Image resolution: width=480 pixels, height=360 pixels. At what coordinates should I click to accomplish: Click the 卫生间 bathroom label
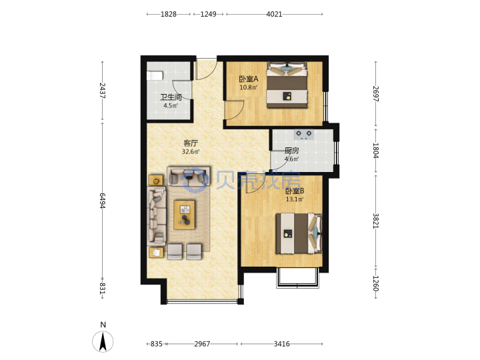click(171, 97)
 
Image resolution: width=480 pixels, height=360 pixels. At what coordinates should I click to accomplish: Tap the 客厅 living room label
click(191, 143)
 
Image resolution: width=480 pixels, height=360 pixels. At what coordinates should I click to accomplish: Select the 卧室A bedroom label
click(249, 79)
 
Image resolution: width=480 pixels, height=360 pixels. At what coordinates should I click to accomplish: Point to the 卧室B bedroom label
click(295, 191)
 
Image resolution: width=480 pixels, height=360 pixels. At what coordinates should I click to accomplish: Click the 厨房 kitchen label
click(292, 151)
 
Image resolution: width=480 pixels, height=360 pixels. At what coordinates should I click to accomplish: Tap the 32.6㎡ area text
click(191, 151)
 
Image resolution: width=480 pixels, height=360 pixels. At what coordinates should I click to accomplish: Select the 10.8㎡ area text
click(248, 87)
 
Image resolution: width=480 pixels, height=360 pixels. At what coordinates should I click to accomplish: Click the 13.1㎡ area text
click(295, 199)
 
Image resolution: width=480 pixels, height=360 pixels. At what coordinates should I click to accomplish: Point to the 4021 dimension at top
click(274, 14)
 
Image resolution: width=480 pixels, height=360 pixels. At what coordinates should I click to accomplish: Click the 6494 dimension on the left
click(102, 201)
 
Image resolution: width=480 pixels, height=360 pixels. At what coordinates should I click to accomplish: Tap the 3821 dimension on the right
click(376, 221)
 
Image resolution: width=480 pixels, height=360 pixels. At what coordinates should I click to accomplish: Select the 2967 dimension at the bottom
click(202, 344)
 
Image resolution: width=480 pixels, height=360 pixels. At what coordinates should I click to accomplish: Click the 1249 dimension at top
click(208, 14)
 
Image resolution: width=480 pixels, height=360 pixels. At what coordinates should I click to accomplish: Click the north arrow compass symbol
click(103, 341)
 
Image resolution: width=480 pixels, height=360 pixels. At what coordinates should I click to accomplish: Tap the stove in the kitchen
click(304, 135)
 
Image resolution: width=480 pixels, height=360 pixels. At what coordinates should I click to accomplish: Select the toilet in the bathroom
click(155, 75)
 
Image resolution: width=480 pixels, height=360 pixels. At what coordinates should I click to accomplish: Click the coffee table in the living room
click(184, 215)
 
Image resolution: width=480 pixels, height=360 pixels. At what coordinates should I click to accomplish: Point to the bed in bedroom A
click(287, 85)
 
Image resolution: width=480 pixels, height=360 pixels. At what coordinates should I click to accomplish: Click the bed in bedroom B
click(299, 233)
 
